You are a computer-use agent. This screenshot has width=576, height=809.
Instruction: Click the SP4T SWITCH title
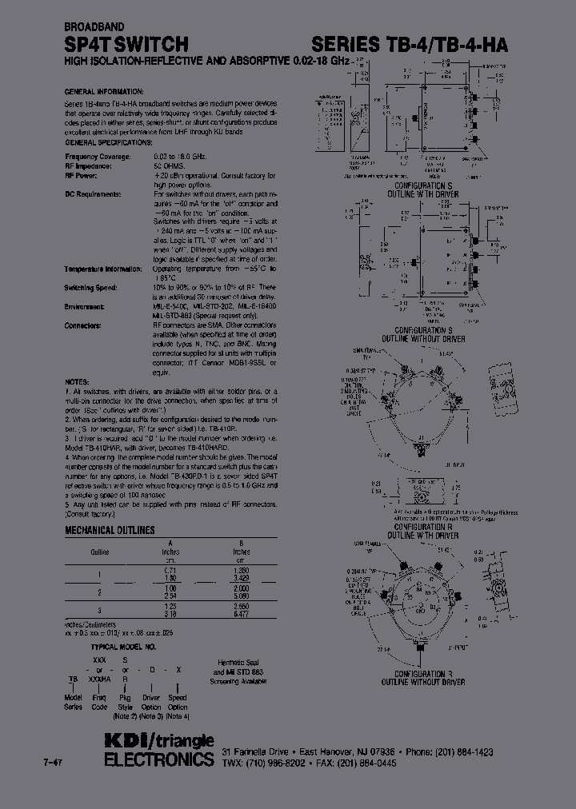(x=126, y=44)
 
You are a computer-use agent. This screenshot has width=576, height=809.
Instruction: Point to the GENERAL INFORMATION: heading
(x=104, y=92)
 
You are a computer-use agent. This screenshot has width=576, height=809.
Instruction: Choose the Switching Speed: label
(x=92, y=287)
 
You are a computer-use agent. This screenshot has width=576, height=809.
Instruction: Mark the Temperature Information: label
(x=103, y=269)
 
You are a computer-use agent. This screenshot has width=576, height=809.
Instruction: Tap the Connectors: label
(x=83, y=326)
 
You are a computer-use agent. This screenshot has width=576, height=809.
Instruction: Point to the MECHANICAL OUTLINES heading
(x=110, y=530)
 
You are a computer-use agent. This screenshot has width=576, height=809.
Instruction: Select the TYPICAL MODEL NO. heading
(x=123, y=644)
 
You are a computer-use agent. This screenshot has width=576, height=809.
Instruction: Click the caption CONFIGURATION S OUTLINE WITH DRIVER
(x=423, y=189)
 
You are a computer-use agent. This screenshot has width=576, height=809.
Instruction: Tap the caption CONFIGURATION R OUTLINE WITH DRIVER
(x=423, y=531)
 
